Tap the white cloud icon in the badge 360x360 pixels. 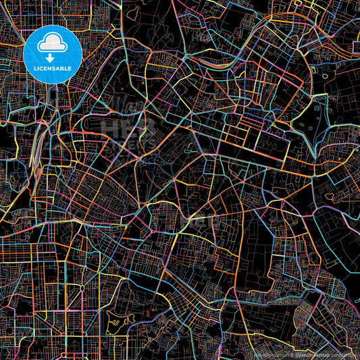pyautogui.click(x=51, y=45)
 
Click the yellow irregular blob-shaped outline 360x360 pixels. pyautogui.click(x=122, y=322)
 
